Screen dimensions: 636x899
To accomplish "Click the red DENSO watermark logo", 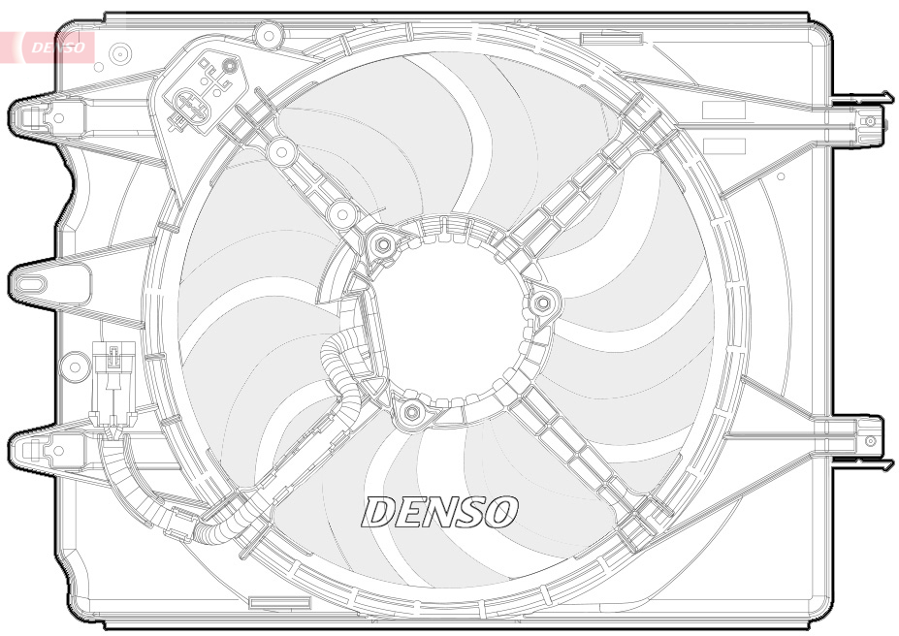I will (55, 47).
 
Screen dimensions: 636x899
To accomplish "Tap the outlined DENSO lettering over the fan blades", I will (440, 512).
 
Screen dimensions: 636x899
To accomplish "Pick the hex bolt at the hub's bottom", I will (411, 414).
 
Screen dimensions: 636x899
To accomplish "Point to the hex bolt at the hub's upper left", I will (383, 244).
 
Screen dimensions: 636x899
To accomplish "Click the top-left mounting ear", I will (34, 117).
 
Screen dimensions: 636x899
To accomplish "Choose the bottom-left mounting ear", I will (34, 448).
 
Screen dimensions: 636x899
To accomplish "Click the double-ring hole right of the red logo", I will (121, 52).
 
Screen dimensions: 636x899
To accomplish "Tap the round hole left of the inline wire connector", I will (73, 367).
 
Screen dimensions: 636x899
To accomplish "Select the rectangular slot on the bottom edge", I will (279, 603).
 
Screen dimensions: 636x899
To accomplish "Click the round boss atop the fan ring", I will (266, 35).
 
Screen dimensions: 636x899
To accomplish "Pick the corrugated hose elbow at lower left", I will (209, 529).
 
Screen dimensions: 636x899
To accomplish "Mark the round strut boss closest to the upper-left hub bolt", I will (341, 212).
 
